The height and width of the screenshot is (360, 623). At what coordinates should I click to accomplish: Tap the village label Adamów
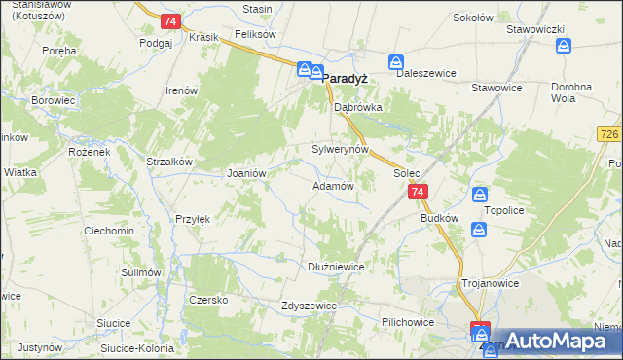[332, 185]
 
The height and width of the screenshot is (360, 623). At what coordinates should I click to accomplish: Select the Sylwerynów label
[340, 150]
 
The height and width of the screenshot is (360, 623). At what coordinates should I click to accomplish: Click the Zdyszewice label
[309, 305]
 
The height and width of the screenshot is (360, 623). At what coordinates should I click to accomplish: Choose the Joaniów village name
[246, 172]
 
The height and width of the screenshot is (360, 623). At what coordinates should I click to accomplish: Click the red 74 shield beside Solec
[417, 193]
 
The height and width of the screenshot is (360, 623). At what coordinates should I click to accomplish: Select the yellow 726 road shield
[610, 133]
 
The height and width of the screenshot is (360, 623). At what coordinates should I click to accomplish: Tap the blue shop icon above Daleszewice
[396, 62]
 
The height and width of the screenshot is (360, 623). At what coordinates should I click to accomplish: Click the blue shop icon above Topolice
[479, 195]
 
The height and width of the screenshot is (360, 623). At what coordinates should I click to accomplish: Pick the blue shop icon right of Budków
[479, 230]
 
